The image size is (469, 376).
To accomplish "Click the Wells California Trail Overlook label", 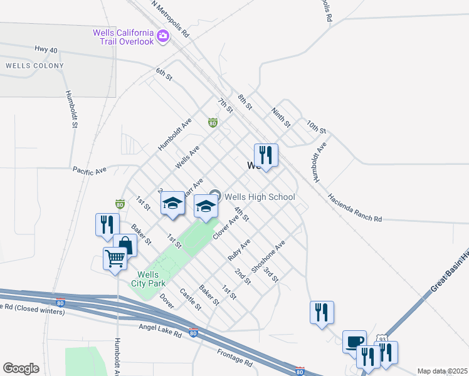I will tap(123, 37).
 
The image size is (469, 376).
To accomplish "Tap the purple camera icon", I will tap(163, 36).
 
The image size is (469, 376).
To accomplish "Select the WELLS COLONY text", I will tap(34, 66).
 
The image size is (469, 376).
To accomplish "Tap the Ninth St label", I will tap(280, 117).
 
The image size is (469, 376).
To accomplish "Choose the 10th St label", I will tap(317, 128).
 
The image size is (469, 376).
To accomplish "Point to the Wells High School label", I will tap(260, 197).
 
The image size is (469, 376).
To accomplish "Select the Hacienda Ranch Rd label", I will tap(354, 208).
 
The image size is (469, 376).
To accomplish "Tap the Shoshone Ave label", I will tap(268, 256).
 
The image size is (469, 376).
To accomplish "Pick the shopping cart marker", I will tap(115, 258).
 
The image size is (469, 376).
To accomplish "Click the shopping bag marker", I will tap(125, 245).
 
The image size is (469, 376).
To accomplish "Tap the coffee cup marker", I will tap(354, 341).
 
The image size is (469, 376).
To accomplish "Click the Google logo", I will tap(21, 368).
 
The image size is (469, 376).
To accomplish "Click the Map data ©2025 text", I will tap(442, 371).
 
